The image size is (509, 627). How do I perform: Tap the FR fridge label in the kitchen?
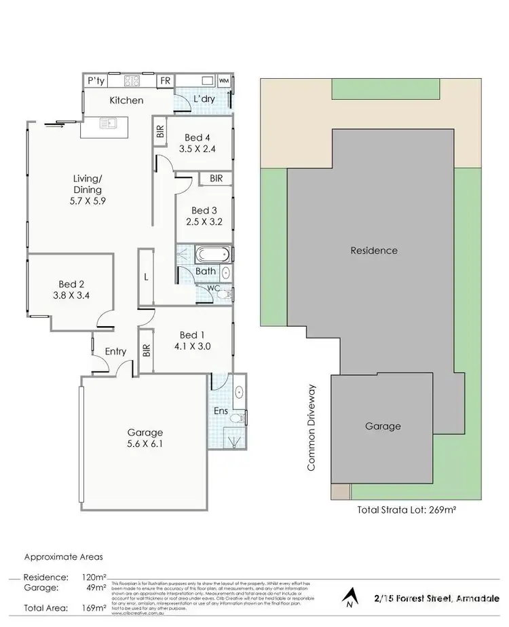(165, 81)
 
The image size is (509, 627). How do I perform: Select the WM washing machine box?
(225, 81)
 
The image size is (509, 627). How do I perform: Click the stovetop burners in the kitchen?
(131, 81)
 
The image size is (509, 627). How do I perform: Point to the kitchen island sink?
(107, 123)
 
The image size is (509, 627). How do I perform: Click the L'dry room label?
(204, 100)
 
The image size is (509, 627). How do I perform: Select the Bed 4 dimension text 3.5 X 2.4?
(197, 149)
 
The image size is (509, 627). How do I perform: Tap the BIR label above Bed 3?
(216, 179)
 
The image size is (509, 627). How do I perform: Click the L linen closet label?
(147, 277)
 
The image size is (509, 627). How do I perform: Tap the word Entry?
(115, 351)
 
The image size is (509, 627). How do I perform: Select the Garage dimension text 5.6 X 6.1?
(145, 445)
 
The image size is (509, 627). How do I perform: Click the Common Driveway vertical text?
(312, 428)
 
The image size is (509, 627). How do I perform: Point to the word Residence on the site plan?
(373, 251)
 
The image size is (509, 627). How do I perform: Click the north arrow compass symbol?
(349, 598)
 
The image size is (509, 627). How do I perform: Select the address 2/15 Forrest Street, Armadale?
(434, 598)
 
